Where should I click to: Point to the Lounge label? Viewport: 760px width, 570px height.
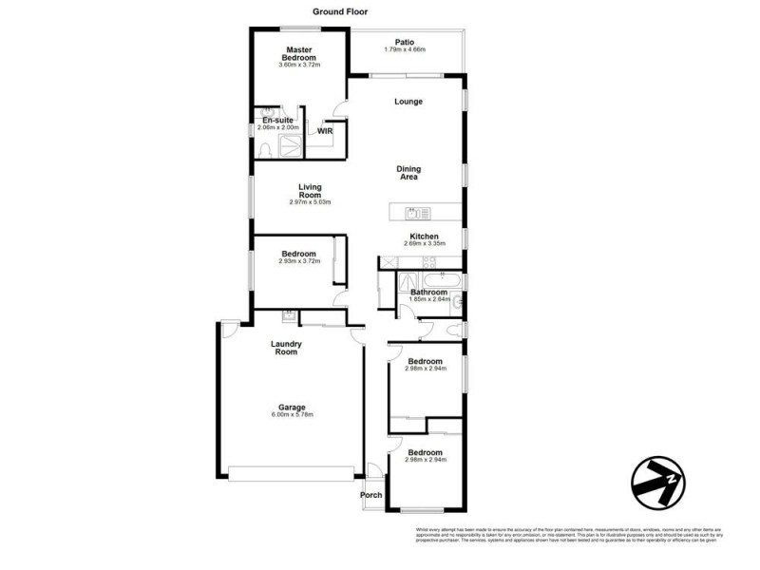408,102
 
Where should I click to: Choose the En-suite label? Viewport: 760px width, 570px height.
278,121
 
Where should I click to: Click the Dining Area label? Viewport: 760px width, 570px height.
408,173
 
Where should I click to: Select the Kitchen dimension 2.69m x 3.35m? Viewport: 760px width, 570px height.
424,244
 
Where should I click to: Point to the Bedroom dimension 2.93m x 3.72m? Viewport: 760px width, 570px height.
299,261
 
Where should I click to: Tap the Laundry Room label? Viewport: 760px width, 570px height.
286,348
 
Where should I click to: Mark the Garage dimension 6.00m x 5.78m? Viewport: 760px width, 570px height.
292,414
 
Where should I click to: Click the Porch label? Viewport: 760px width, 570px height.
370,495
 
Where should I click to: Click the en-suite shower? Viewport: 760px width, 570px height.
291,145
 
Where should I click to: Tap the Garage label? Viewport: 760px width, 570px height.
292,407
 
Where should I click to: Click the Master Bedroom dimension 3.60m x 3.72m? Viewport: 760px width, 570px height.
299,65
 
